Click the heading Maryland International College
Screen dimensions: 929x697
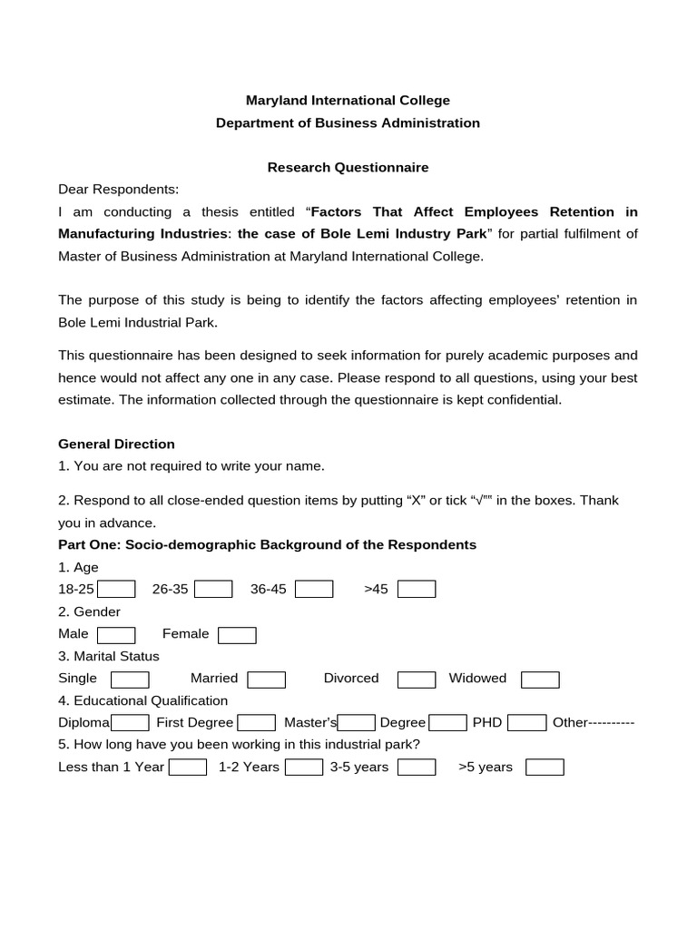pyautogui.click(x=348, y=101)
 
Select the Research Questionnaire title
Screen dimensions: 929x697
pyautogui.click(x=348, y=168)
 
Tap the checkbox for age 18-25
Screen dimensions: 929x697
pyautogui.click(x=116, y=590)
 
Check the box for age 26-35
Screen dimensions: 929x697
pyautogui.click(x=213, y=590)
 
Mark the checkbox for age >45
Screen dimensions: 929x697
pyautogui.click(x=417, y=590)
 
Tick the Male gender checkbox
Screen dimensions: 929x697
pyautogui.click(x=116, y=634)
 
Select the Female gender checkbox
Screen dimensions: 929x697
pyautogui.click(x=237, y=634)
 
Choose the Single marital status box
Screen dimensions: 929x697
pyautogui.click(x=130, y=679)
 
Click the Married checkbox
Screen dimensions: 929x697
pyautogui.click(x=266, y=679)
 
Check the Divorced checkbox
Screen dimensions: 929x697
pyautogui.click(x=417, y=679)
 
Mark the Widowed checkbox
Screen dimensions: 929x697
pyautogui.click(x=540, y=679)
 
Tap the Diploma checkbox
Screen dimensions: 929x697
pyautogui.click(x=130, y=723)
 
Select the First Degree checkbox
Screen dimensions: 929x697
pyautogui.click(x=256, y=723)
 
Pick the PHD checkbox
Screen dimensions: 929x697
pyautogui.click(x=526, y=723)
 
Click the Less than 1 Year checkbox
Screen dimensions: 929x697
pyautogui.click(x=188, y=768)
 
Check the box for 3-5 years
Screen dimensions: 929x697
pyautogui.click(x=417, y=768)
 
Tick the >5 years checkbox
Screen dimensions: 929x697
pyautogui.click(x=545, y=768)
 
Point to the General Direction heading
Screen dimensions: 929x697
pyautogui.click(x=116, y=445)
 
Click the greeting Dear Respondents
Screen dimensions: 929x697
pyautogui.click(x=119, y=190)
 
